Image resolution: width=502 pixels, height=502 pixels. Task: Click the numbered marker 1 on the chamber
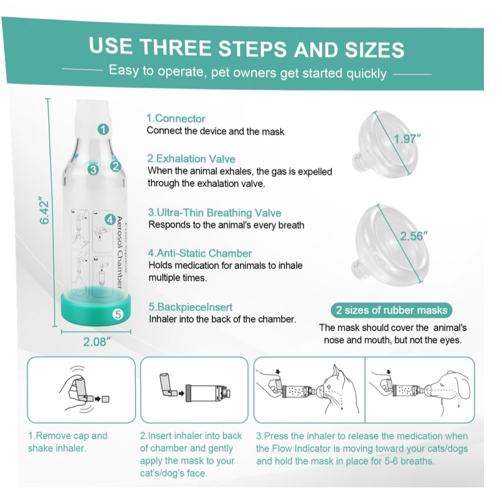103,130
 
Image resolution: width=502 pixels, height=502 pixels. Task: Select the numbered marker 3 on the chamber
93,169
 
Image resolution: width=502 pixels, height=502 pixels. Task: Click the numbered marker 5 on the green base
118,314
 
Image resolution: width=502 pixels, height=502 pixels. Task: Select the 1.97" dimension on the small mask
407,139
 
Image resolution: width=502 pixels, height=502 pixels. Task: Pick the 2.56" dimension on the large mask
414,236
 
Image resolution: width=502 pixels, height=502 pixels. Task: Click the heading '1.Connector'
176,118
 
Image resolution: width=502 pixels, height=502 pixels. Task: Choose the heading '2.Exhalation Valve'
191,159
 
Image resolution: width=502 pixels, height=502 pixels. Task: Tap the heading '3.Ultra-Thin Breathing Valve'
214,212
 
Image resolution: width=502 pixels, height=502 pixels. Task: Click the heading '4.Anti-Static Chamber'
200,253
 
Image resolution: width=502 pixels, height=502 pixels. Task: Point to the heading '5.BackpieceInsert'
190,307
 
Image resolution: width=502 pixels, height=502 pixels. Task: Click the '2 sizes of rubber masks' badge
391,310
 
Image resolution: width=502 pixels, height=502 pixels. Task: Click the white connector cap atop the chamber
93,118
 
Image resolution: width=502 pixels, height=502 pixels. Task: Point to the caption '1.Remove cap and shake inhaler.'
68,442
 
